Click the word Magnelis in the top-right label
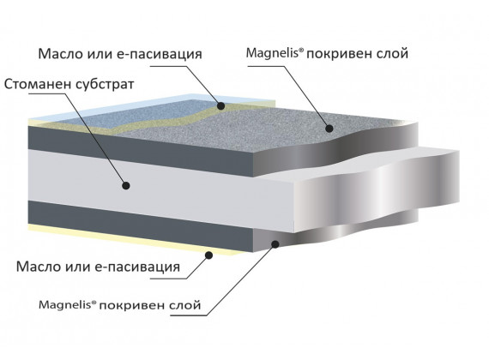(273, 53)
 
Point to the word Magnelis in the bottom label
(65, 304)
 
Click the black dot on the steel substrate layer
(125, 186)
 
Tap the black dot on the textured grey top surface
(329, 128)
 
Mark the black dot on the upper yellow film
(220, 106)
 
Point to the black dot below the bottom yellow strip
(209, 255)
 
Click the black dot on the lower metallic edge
(275, 244)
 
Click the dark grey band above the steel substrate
(141, 150)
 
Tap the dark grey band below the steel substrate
(141, 225)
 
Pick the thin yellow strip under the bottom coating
(134, 239)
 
